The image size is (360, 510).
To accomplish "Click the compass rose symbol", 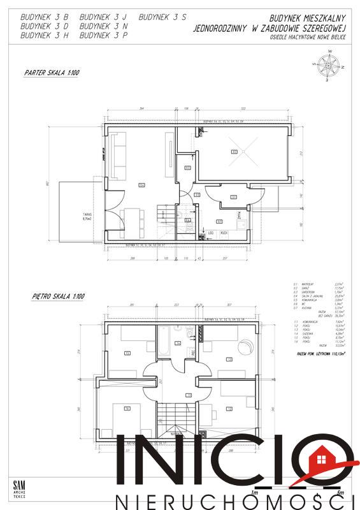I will click(x=328, y=65).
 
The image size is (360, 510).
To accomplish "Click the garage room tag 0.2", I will click(x=234, y=151).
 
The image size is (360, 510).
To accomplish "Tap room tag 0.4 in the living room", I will click(x=141, y=185).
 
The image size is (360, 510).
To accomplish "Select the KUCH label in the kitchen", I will click(x=224, y=233).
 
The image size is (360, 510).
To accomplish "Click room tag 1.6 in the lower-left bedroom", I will click(x=127, y=409).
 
